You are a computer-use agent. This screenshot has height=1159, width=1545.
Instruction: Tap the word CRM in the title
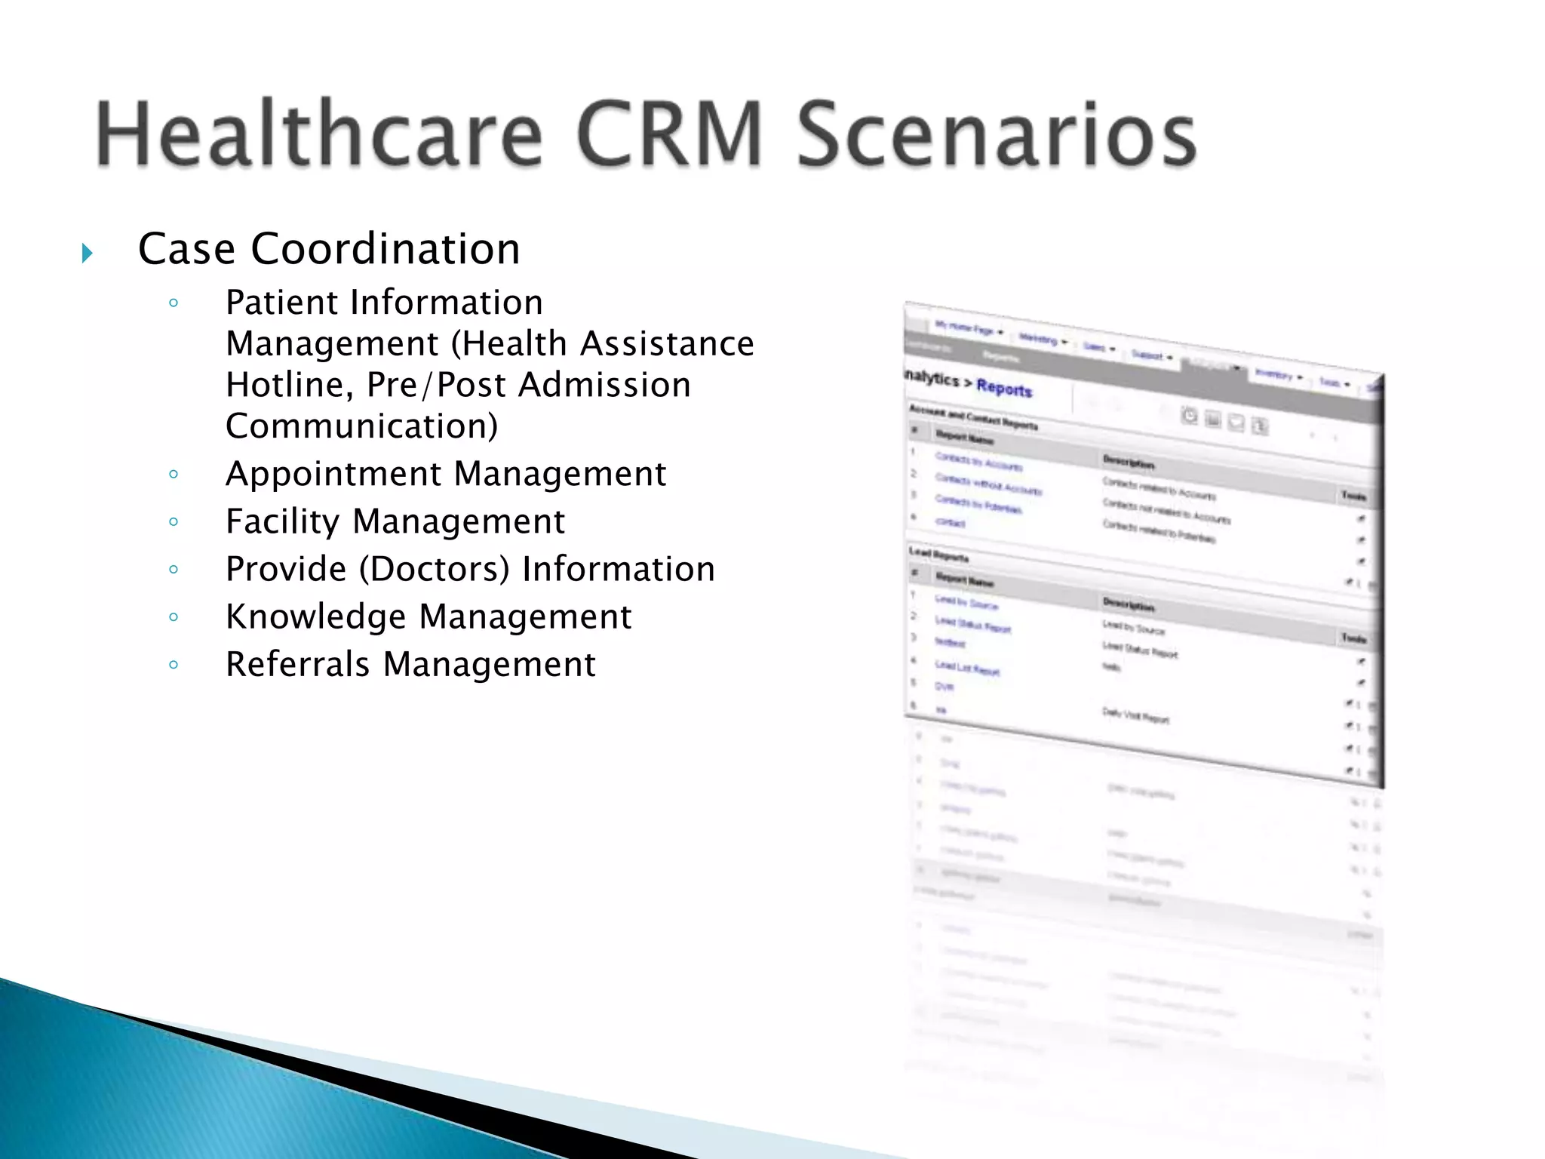point(670,134)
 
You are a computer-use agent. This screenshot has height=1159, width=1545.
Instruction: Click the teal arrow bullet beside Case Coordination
point(88,253)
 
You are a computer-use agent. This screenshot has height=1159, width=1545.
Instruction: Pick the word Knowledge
point(316,617)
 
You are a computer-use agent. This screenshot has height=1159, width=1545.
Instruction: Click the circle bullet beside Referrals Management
point(174,665)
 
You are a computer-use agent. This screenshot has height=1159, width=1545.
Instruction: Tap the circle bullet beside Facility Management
point(174,521)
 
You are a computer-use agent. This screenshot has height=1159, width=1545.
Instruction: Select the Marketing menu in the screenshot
point(1040,340)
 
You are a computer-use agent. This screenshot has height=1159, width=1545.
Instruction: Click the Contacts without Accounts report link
point(988,484)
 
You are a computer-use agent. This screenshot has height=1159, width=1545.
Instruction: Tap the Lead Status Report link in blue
point(972,624)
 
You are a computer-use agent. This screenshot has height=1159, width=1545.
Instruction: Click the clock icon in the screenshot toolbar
point(1189,415)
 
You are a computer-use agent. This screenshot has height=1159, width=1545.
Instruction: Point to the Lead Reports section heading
point(939,555)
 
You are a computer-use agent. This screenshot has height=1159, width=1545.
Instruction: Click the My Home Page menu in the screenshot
point(966,328)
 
